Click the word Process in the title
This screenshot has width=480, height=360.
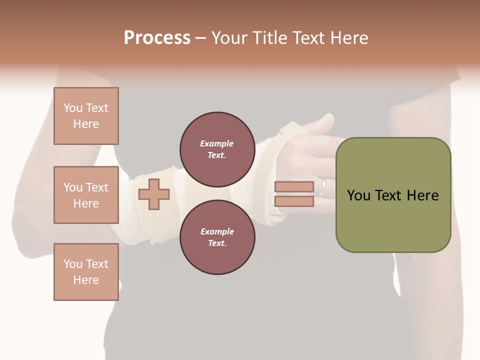coord(157,38)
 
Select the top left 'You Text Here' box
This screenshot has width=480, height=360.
coord(86,116)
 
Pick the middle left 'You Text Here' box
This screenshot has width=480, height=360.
coord(86,195)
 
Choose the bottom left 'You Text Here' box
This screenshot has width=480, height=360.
coord(86,272)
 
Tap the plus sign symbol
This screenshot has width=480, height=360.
coord(154,194)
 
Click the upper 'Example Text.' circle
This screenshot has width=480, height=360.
coord(217,149)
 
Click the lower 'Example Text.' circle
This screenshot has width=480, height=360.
coord(217,237)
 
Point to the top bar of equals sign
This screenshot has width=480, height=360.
coord(294,186)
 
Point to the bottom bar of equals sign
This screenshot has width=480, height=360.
coord(294,201)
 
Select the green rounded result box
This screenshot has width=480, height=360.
coord(393,195)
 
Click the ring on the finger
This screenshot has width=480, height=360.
coord(323,186)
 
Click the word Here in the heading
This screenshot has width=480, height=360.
coord(349,38)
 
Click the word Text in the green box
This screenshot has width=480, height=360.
coord(388,195)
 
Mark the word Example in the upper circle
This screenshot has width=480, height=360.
coord(217,143)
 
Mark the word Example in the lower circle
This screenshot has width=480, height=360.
coord(217,231)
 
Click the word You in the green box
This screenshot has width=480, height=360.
coord(358,195)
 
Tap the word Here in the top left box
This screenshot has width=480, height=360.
coord(86,124)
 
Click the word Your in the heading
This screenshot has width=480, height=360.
coord(230,38)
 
